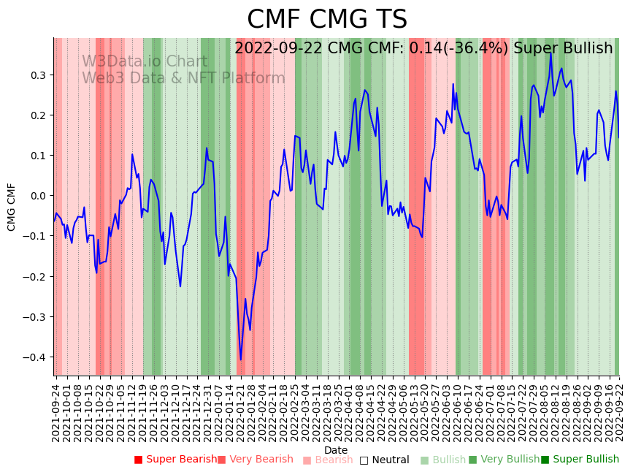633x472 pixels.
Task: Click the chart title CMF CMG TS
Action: click(x=326, y=20)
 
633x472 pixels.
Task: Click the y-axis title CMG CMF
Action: click(x=12, y=207)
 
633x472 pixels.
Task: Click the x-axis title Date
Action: click(x=336, y=450)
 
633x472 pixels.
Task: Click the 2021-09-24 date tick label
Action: click(x=55, y=409)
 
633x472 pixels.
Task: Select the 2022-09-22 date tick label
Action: click(x=619, y=409)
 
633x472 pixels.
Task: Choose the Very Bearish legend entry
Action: click(x=255, y=460)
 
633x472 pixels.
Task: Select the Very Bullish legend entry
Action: click(x=504, y=460)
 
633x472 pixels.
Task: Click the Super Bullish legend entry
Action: click(x=580, y=460)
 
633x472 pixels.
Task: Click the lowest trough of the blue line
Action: click(x=241, y=359)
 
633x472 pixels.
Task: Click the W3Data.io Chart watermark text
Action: click(x=145, y=62)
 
